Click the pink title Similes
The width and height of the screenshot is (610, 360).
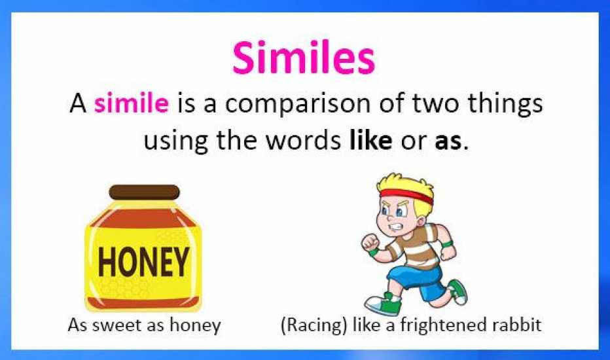[304, 58]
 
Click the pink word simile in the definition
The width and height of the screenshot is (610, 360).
[132, 103]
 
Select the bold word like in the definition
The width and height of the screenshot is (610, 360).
[370, 140]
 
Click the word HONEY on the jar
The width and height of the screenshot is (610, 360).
[143, 262]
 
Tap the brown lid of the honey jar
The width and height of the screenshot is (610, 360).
[145, 192]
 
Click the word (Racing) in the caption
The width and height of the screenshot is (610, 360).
[314, 325]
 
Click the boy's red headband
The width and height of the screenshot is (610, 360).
[407, 195]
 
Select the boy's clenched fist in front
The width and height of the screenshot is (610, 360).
[370, 243]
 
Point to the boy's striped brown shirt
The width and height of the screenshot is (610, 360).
[415, 245]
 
